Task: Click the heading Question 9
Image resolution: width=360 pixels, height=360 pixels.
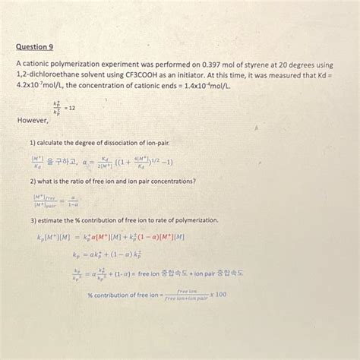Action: pyautogui.click(x=35, y=46)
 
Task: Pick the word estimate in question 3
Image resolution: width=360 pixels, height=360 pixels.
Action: pyautogui.click(x=53, y=219)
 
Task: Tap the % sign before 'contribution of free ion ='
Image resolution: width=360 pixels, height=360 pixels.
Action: pyautogui.click(x=90, y=294)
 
